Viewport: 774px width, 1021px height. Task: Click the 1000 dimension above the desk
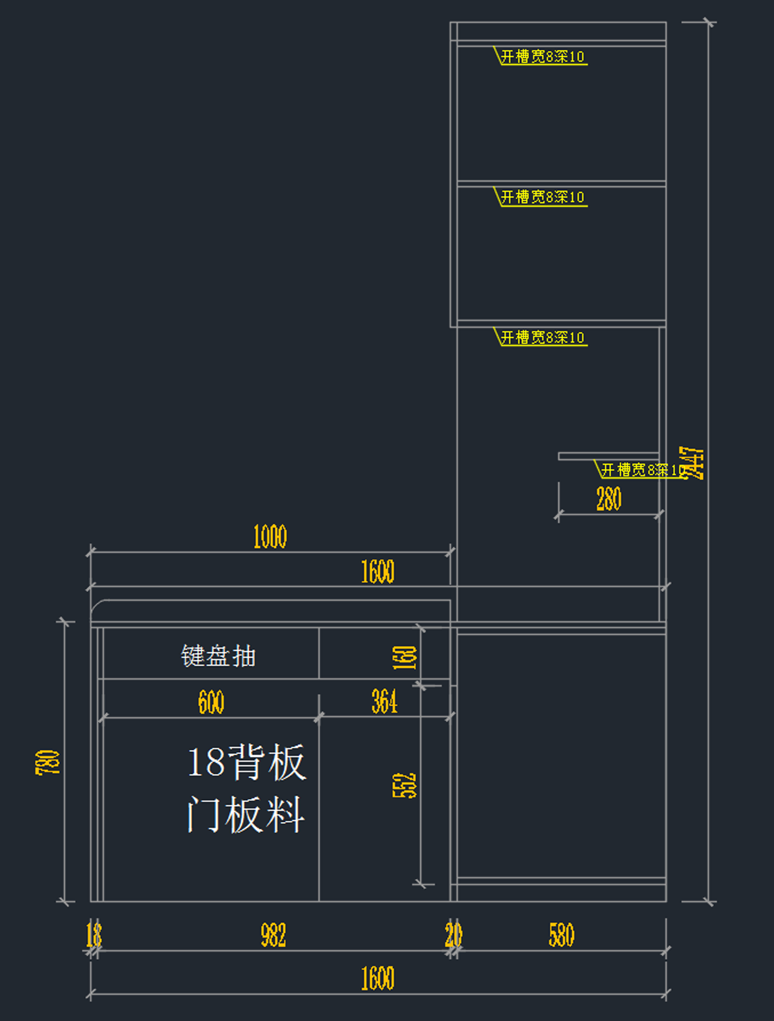(x=270, y=537)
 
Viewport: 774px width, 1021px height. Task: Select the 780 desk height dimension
(x=48, y=762)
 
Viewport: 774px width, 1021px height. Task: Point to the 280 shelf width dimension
(x=608, y=500)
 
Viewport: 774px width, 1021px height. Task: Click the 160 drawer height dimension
(x=404, y=658)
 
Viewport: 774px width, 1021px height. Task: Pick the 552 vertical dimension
(x=404, y=785)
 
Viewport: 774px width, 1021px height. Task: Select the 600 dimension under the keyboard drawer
(x=211, y=702)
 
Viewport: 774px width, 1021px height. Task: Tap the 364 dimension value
(x=384, y=702)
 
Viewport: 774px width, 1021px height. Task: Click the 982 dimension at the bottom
(x=273, y=935)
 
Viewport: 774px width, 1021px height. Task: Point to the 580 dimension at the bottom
(x=561, y=935)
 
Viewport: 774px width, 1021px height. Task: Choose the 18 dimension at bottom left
(x=94, y=935)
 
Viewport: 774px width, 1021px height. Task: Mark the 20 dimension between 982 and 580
(x=453, y=935)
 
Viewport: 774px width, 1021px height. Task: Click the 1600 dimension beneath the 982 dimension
(x=377, y=979)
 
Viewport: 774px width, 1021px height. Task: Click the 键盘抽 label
(x=218, y=656)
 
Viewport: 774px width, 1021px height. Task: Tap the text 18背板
(x=246, y=762)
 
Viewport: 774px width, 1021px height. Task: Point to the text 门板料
(x=246, y=814)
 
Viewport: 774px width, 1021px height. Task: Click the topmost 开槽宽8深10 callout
(x=542, y=57)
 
